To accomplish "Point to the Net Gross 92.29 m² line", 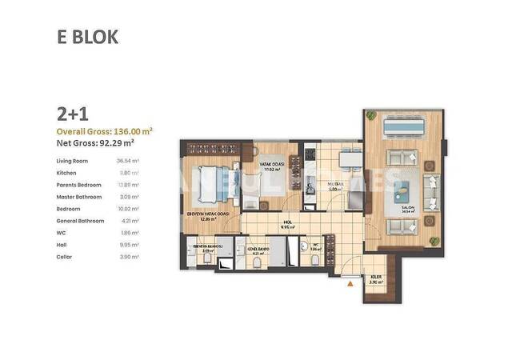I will (94, 143).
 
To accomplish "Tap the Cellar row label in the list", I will (65, 256).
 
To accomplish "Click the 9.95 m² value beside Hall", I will (128, 244).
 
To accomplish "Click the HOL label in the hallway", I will (286, 223).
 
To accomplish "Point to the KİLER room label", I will (375, 278).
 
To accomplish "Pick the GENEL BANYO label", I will (258, 250).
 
